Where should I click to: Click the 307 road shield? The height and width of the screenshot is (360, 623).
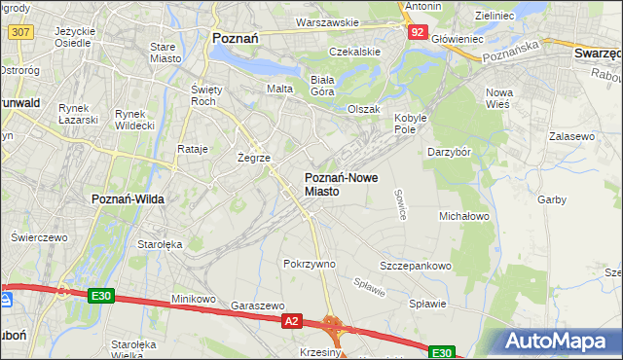pyautogui.click(x=19, y=32)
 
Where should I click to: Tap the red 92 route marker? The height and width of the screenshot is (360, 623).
pyautogui.click(x=417, y=32)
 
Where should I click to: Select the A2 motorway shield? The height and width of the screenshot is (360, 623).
pyautogui.click(x=291, y=319)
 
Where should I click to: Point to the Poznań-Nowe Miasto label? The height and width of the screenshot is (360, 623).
pyautogui.click(x=336, y=185)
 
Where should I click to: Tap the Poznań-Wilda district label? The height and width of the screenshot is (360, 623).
pyautogui.click(x=127, y=198)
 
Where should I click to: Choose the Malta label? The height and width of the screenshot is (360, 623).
pyautogui.click(x=280, y=89)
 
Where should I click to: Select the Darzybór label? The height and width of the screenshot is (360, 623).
pyautogui.click(x=450, y=152)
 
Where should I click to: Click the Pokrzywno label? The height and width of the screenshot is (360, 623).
pyautogui.click(x=309, y=264)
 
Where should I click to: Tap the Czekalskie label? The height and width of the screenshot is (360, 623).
pyautogui.click(x=353, y=51)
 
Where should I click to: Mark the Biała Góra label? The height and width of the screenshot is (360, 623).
pyautogui.click(x=321, y=86)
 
